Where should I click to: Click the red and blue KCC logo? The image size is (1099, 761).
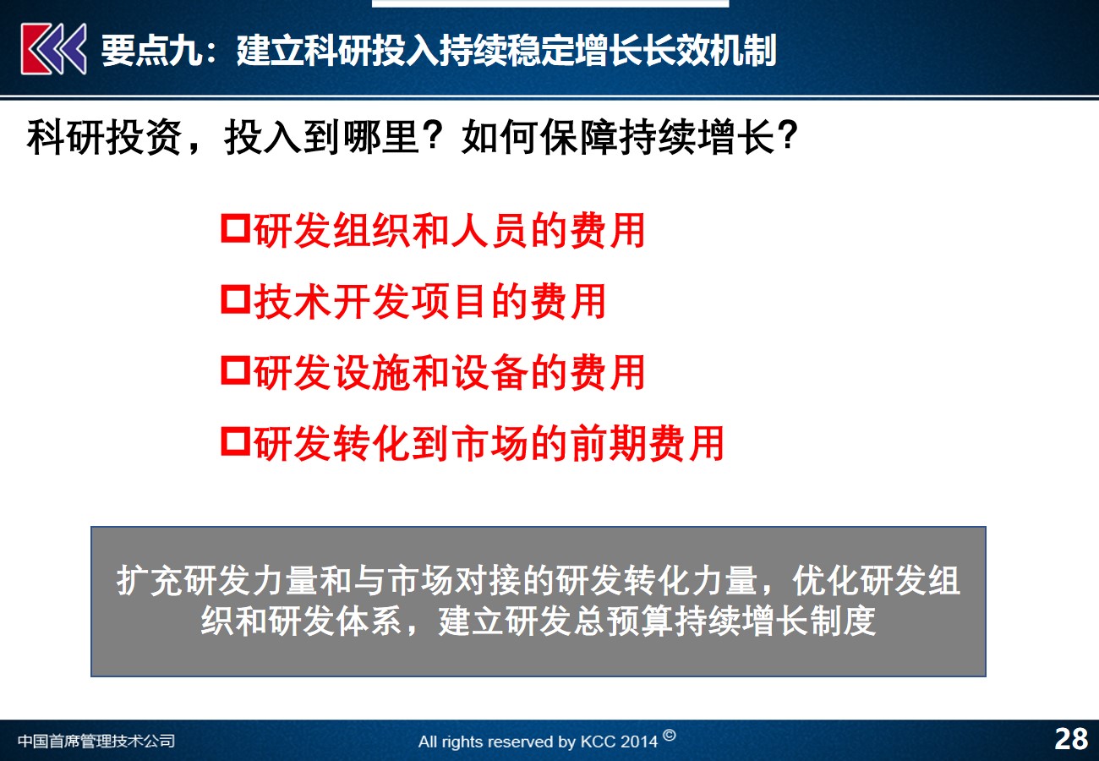point(53,49)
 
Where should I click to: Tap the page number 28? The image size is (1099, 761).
point(1071,739)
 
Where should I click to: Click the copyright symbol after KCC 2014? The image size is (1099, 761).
point(670,735)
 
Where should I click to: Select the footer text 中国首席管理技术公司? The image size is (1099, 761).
point(96,741)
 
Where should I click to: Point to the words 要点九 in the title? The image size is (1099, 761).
point(151,51)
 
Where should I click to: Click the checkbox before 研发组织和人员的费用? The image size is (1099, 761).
point(236,228)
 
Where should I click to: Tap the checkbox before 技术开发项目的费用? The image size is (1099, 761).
point(236,299)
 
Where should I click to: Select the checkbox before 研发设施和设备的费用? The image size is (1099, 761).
point(236,370)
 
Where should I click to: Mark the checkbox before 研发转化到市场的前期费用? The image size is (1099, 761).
point(236,441)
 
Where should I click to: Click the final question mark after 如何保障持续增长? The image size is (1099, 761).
point(787,135)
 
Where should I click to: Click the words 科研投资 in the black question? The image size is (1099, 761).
point(105,137)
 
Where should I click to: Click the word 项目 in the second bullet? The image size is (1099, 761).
point(450,301)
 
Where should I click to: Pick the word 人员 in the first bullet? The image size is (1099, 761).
point(489,230)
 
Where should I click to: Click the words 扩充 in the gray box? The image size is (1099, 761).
point(149,581)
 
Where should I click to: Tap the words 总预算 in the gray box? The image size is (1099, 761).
point(622,621)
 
